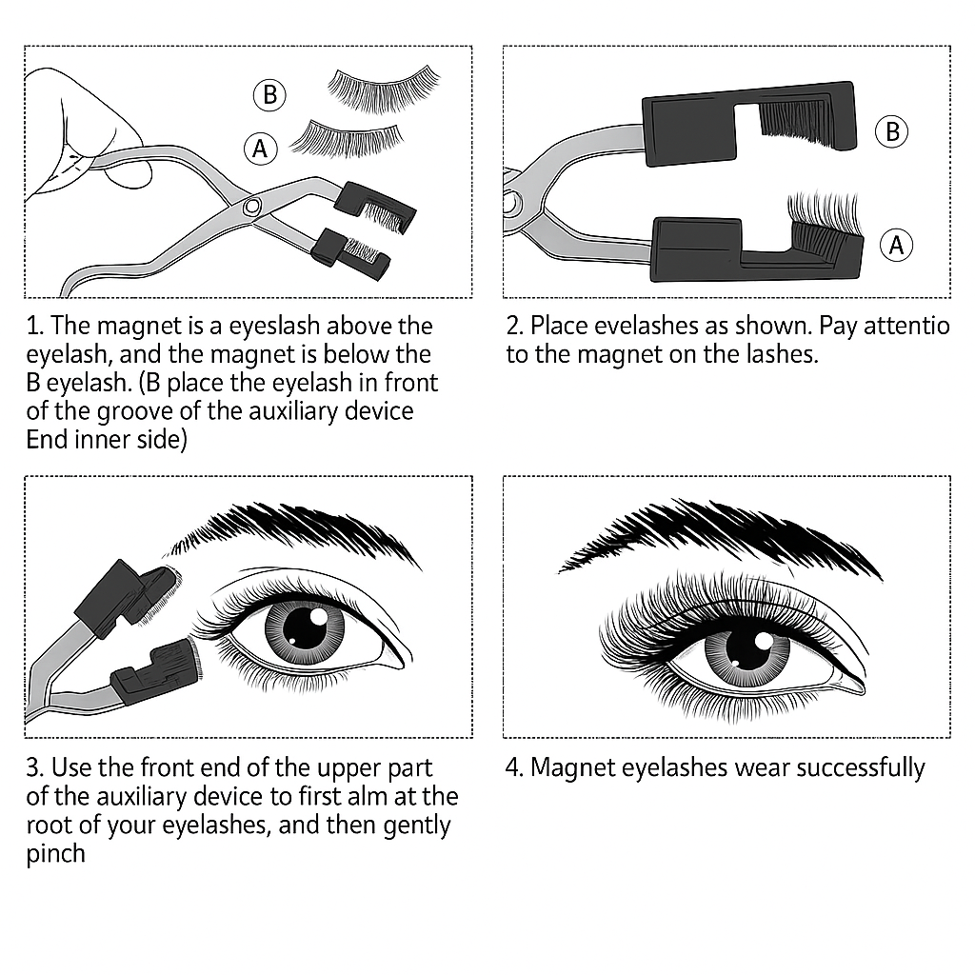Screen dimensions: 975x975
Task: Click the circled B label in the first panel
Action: pyautogui.click(x=269, y=95)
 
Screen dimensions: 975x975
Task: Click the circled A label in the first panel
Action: pyautogui.click(x=260, y=148)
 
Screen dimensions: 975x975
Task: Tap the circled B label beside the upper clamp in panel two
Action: pyautogui.click(x=891, y=131)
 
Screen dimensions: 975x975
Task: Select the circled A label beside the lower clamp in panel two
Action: pyautogui.click(x=895, y=245)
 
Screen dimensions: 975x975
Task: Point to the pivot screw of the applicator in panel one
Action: pyautogui.click(x=251, y=205)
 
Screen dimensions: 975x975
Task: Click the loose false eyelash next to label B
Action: pyautogui.click(x=385, y=89)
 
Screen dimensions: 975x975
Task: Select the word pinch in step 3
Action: pyautogui.click(x=55, y=853)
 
